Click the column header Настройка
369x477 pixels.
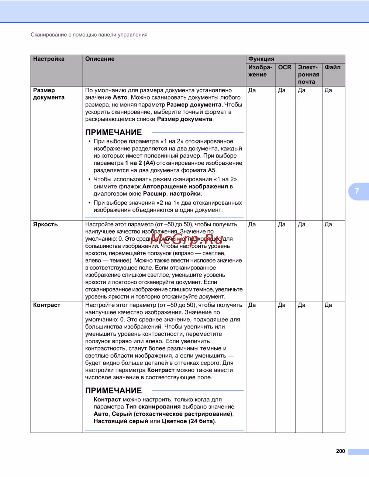pyautogui.click(x=49, y=59)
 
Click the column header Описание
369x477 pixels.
pyautogui.click(x=100, y=59)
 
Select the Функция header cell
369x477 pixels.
pyautogui.click(x=261, y=59)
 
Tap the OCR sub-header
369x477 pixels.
pyautogui.click(x=284, y=67)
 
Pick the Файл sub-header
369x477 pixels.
pyautogui.click(x=332, y=67)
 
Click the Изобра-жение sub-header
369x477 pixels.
pyautogui.click(x=260, y=71)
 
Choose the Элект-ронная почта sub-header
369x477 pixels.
pyautogui.click(x=308, y=74)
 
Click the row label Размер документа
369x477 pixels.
pyautogui.click(x=49, y=94)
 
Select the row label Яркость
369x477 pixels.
pyautogui.click(x=45, y=224)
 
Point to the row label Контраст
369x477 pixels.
pyautogui.click(x=46, y=305)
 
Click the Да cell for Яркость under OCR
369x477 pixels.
pyautogui.click(x=282, y=224)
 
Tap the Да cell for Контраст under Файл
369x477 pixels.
pyautogui.click(x=328, y=305)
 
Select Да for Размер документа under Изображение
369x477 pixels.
pyautogui.click(x=252, y=90)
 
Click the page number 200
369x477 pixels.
pyautogui.click(x=340, y=451)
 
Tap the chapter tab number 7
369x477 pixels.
pyautogui.click(x=357, y=191)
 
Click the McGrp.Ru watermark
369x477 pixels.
pyautogui.click(x=187, y=239)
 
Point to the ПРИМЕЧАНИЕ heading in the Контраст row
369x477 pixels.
pyautogui.click(x=114, y=391)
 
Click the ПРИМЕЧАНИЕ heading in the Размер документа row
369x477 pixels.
pyautogui.click(x=114, y=133)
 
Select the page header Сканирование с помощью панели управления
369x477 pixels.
pyautogui.click(x=89, y=35)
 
